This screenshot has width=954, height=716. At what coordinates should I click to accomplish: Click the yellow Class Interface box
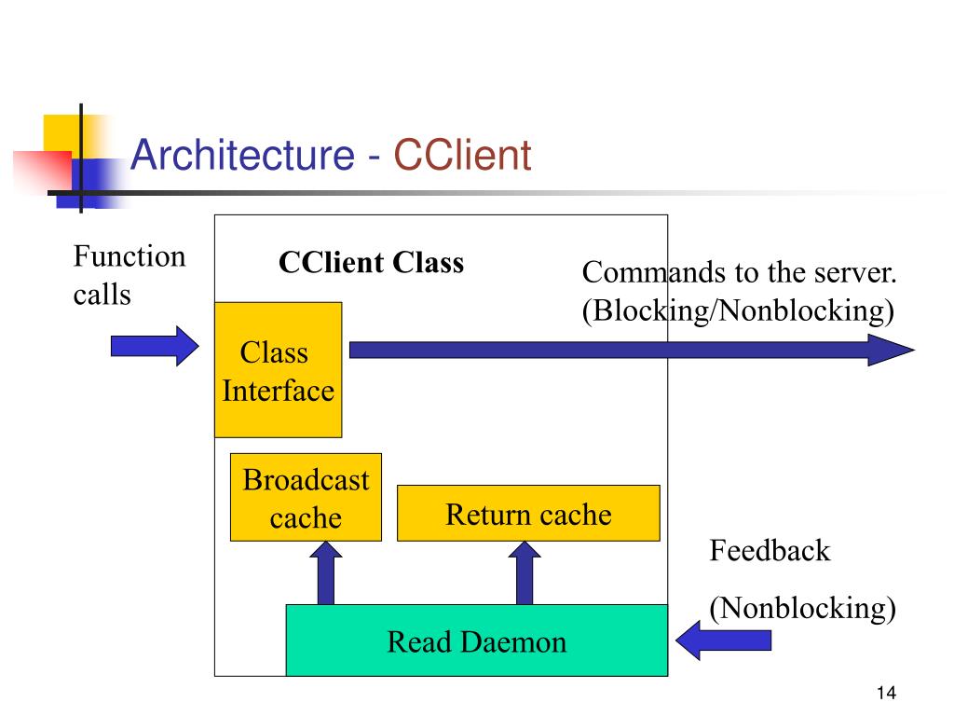(x=278, y=369)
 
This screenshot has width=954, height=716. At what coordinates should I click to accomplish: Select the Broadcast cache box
(x=306, y=497)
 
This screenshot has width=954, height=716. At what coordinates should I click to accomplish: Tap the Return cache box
(x=528, y=514)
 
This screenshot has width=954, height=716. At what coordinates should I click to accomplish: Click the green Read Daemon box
(x=477, y=640)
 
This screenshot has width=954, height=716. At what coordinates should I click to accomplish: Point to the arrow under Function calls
(x=155, y=346)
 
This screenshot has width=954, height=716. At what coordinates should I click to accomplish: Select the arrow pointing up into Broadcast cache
(x=325, y=573)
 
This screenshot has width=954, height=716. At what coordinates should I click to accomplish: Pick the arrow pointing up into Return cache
(x=525, y=573)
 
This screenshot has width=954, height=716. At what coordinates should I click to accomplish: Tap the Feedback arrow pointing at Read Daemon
(x=723, y=640)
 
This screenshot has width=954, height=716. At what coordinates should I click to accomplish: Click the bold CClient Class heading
(x=371, y=262)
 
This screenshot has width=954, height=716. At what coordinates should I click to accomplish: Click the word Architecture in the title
(x=243, y=154)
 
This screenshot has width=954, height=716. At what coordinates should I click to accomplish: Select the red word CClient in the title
(x=462, y=155)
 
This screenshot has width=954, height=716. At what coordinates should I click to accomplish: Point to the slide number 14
(x=886, y=693)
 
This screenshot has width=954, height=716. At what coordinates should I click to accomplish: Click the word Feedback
(x=770, y=550)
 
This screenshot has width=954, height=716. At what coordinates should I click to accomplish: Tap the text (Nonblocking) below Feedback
(x=802, y=608)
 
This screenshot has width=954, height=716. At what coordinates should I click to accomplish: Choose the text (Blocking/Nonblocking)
(x=738, y=310)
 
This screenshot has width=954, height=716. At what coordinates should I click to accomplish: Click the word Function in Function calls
(x=129, y=255)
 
